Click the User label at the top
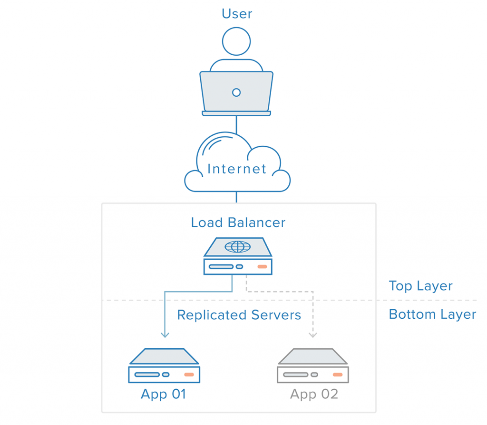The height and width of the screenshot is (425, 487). [237, 13]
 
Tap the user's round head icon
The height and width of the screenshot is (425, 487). [236, 41]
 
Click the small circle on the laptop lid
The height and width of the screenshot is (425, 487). [236, 92]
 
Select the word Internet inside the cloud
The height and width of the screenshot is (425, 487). [237, 169]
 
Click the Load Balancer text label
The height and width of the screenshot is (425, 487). [238, 223]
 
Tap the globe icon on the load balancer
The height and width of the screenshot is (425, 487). [237, 246]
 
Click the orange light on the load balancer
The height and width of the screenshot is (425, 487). [262, 266]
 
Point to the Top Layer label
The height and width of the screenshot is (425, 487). [420, 286]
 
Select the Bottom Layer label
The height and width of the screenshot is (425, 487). [432, 314]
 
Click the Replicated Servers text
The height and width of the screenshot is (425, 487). [239, 315]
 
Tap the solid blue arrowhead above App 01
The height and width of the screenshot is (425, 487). [165, 335]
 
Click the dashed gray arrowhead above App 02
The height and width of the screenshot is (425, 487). [312, 335]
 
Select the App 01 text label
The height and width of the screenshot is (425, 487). [163, 394]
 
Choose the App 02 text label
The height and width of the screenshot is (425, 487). [314, 394]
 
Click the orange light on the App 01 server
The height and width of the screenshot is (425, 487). [189, 374]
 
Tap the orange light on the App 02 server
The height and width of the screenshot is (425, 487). [338, 374]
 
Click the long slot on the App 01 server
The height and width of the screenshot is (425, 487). [147, 374]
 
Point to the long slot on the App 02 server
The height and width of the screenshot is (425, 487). [295, 374]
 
